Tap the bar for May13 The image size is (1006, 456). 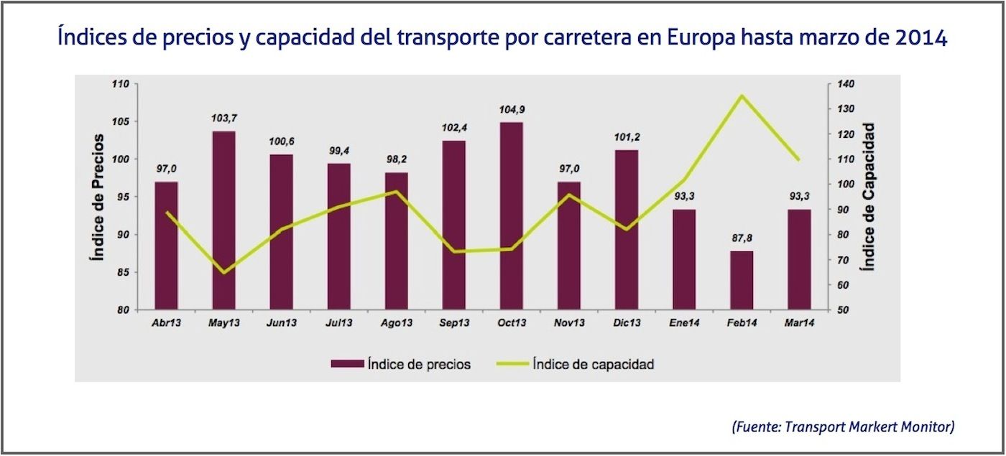[223, 220]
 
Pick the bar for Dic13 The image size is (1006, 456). [627, 230]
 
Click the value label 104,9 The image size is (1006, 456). [512, 110]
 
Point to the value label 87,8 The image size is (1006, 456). [742, 238]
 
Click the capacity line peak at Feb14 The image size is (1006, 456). [742, 96]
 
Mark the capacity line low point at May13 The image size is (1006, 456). [223, 273]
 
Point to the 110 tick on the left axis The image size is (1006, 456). [120, 84]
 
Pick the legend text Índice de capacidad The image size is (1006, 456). [593, 364]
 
